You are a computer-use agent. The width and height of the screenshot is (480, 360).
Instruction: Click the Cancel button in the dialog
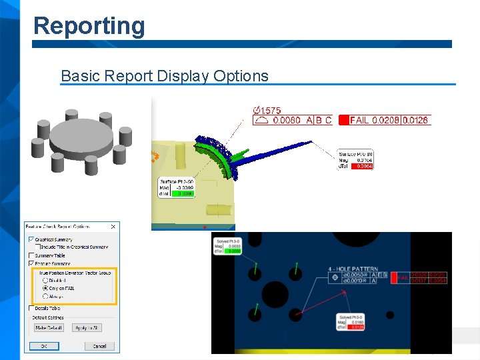click(x=99, y=346)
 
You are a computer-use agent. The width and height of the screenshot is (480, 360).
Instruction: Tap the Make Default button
click(x=49, y=327)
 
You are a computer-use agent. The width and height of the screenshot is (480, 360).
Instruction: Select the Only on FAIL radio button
click(x=45, y=288)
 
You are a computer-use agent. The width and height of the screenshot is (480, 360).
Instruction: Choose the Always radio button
click(x=45, y=296)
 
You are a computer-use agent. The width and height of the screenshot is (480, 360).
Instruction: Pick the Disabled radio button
click(x=45, y=280)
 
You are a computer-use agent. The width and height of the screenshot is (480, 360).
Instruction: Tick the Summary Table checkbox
click(x=31, y=255)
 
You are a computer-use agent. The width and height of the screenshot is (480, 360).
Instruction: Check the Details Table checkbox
click(x=31, y=308)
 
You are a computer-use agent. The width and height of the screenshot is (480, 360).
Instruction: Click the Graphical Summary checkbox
click(x=31, y=239)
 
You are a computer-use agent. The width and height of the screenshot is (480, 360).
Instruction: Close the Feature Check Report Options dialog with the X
click(x=113, y=227)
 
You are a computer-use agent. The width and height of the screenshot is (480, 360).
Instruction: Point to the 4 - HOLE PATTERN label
click(x=353, y=269)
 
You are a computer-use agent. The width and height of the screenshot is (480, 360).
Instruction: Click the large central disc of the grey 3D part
click(x=81, y=136)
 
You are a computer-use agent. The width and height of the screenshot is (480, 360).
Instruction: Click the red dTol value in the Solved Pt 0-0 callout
click(x=357, y=327)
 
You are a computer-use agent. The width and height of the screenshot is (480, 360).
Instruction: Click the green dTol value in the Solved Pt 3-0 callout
click(x=233, y=251)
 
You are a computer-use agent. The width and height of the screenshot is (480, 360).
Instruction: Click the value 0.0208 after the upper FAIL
click(x=385, y=121)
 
